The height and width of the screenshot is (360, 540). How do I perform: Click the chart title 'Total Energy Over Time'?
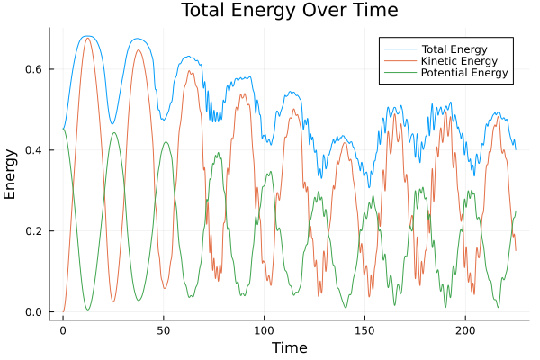pyautogui.click(x=277, y=11)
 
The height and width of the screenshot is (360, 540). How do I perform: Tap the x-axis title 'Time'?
pyautogui.click(x=289, y=347)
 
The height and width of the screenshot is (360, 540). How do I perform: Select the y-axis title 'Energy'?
pyautogui.click(x=11, y=174)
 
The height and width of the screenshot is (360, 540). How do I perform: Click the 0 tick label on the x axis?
pyautogui.click(x=63, y=330)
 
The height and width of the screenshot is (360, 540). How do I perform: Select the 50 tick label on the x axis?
pyautogui.click(x=164, y=330)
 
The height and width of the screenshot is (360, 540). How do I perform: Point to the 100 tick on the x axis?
pyautogui.click(x=264, y=330)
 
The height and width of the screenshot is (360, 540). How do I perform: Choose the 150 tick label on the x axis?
pyautogui.click(x=364, y=330)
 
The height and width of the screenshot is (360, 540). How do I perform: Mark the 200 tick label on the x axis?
pyautogui.click(x=465, y=330)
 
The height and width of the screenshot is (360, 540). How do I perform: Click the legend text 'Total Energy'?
pyautogui.click(x=454, y=48)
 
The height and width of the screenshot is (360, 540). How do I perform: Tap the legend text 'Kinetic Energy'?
pyautogui.click(x=458, y=60)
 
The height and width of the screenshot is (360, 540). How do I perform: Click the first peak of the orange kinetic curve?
pyautogui.click(x=87, y=38)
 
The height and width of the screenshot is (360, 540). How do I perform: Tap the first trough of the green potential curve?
pyautogui.click(x=88, y=310)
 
